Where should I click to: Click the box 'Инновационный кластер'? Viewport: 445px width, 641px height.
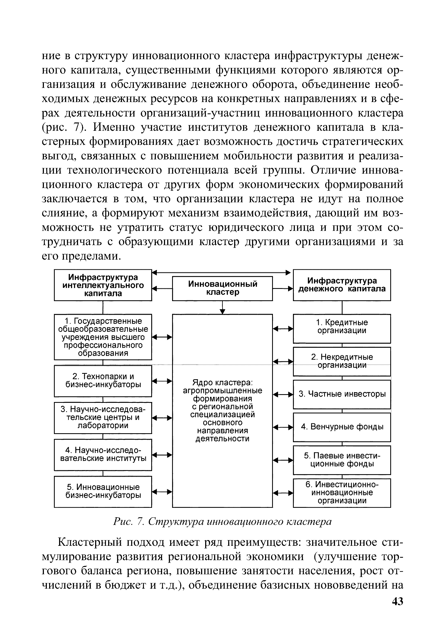(222, 288)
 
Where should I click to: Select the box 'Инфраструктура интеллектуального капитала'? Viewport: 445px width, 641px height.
(103, 285)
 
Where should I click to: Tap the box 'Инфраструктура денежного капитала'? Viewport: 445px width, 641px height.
(342, 285)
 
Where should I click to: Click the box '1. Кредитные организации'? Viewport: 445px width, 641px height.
(342, 329)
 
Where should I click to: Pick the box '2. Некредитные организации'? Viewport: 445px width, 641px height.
(342, 361)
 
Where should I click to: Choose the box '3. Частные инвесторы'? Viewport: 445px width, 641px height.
(342, 394)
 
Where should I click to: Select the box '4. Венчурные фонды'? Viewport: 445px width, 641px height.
(342, 427)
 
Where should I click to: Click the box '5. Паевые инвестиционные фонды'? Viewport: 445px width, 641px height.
(342, 460)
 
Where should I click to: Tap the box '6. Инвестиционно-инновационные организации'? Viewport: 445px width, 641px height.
(342, 493)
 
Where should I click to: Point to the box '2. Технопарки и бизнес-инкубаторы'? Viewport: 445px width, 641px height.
(103, 381)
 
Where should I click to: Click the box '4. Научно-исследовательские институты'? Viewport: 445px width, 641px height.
(103, 455)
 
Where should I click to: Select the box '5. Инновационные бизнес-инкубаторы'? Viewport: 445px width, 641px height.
(103, 492)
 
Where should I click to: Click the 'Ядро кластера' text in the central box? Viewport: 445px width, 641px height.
(222, 382)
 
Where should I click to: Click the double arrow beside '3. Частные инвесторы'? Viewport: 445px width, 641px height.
(283, 394)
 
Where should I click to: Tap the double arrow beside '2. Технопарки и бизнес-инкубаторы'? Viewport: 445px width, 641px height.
(162, 381)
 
